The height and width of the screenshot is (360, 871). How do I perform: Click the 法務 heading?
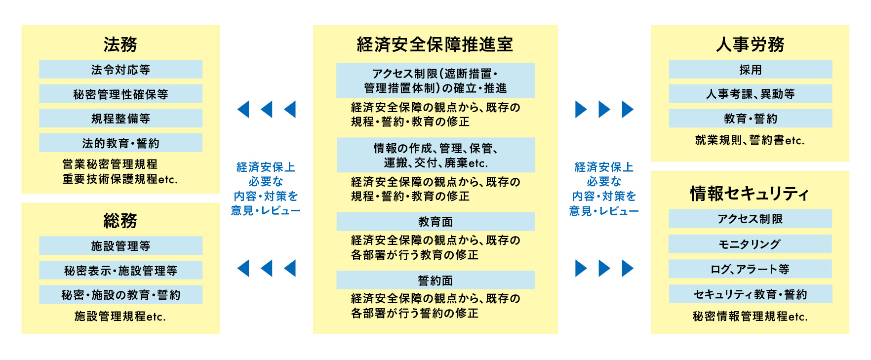pyautogui.click(x=120, y=44)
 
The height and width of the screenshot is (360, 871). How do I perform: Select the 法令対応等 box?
pyautogui.click(x=120, y=70)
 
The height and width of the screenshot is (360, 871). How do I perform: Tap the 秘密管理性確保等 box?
pyautogui.click(x=120, y=94)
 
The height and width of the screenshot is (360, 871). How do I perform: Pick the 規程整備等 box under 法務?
pyautogui.click(x=120, y=119)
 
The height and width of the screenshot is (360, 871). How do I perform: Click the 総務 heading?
pyautogui.click(x=120, y=220)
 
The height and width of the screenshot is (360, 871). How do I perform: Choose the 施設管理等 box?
pyautogui.click(x=120, y=245)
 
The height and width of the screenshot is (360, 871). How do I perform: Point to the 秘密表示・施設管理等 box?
pyautogui.click(x=120, y=270)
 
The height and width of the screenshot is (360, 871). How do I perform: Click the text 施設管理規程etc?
pyautogui.click(x=120, y=316)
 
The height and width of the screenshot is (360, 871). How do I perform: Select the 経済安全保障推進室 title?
pyautogui.click(x=435, y=44)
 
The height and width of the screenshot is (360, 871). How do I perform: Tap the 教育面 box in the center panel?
pyautogui.click(x=435, y=222)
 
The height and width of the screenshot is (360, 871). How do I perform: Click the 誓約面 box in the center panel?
pyautogui.click(x=435, y=280)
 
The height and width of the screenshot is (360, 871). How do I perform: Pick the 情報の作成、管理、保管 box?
pyautogui.click(x=435, y=155)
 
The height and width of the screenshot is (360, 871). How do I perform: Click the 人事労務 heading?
pyautogui.click(x=750, y=44)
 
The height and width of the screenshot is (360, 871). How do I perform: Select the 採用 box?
pyautogui.click(x=750, y=70)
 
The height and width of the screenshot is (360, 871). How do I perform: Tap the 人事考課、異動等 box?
pyautogui.click(x=750, y=94)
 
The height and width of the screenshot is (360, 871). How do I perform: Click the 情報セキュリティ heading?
pyautogui.click(x=750, y=194)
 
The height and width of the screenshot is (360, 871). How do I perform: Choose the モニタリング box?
pyautogui.click(x=750, y=244)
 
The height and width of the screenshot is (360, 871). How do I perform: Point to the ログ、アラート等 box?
pyautogui.click(x=750, y=269)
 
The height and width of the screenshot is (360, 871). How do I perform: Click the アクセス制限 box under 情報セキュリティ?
pyautogui.click(x=750, y=219)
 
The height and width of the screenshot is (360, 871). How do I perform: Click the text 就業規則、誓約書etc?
pyautogui.click(x=750, y=140)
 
